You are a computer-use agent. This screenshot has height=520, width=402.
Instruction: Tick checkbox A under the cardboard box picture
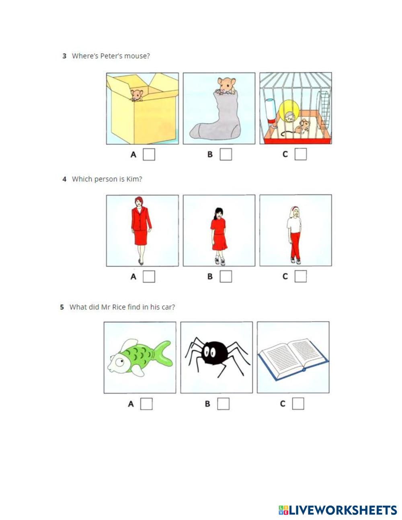pos(149,154)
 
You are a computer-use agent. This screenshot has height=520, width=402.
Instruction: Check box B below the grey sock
pos(226,154)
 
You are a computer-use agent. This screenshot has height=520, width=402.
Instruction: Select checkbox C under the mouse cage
pos(301,154)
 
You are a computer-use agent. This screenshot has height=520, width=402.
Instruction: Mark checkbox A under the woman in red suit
pos(149,276)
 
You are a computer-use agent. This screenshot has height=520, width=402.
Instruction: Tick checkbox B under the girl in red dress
pos(226,276)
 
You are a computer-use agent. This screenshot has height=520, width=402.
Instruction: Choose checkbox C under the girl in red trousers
pos(301,276)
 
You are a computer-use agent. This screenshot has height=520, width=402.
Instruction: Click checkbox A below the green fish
pos(146,404)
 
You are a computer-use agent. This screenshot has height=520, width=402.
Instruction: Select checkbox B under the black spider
pos(223,404)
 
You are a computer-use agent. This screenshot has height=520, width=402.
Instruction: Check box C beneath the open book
pos(298,404)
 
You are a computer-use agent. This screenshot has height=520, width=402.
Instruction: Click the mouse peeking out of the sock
pos(226,86)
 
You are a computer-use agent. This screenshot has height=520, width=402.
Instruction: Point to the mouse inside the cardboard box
pos(137,95)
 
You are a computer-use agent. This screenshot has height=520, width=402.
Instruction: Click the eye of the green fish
pos(120,362)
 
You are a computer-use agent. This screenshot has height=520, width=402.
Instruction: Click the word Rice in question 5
pos(119,307)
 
